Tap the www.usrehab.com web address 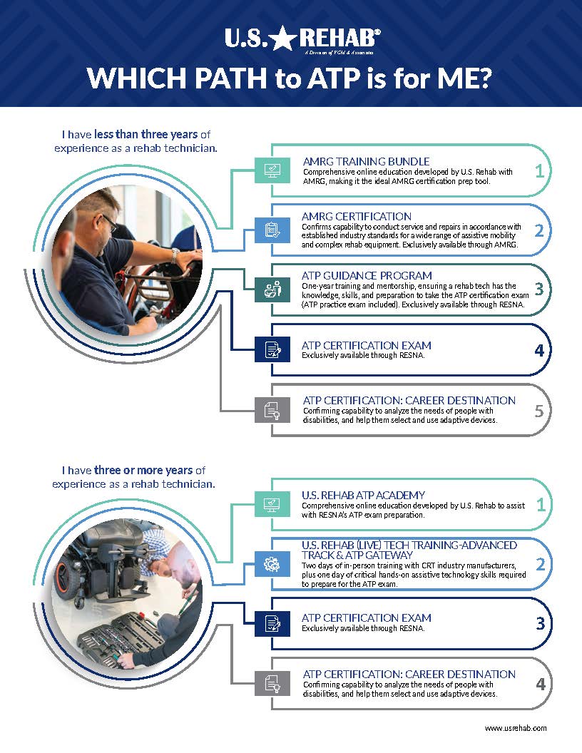[516, 728]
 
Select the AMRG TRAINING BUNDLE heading [366, 161]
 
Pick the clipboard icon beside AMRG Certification [271, 230]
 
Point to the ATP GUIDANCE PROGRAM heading [367, 275]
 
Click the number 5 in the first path [540, 410]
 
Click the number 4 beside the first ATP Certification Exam [540, 350]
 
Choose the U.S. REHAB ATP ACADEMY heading [364, 495]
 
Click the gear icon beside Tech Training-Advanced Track [271, 564]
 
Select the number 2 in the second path [540, 564]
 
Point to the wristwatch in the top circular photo [175, 255]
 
